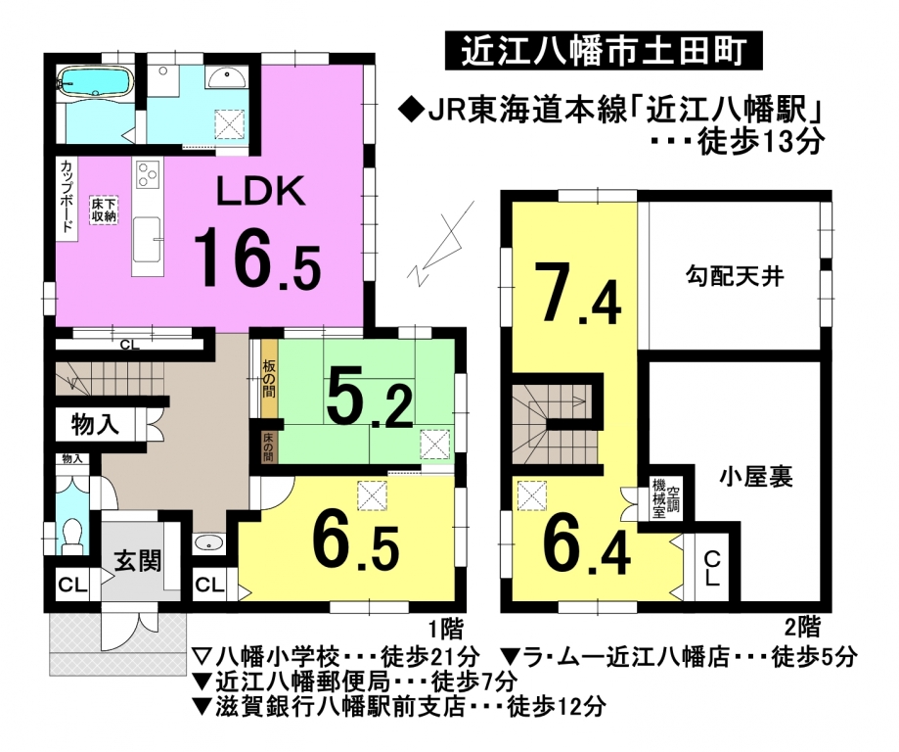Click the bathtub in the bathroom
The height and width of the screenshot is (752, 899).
point(96,82)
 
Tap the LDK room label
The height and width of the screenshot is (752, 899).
point(260,192)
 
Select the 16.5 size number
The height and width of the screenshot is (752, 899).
point(257,258)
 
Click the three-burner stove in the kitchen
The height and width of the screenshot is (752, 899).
point(149,174)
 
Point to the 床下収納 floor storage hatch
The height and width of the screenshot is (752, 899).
point(104,211)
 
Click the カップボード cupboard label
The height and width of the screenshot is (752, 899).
point(67,195)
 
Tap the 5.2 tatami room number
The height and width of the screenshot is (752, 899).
point(369,399)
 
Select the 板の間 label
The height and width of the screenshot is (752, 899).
point(269,379)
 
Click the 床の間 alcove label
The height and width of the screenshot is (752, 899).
point(268,447)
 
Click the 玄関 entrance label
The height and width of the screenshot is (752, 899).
point(137,560)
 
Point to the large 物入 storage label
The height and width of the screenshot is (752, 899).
point(95,425)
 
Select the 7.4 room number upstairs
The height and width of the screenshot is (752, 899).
point(577,294)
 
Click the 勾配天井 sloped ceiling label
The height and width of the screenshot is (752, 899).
point(735,277)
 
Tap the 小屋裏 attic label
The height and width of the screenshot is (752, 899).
point(756,477)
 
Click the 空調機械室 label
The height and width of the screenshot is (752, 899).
point(665,497)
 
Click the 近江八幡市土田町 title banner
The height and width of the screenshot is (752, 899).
point(604,51)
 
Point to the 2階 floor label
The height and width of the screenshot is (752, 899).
point(802,627)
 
